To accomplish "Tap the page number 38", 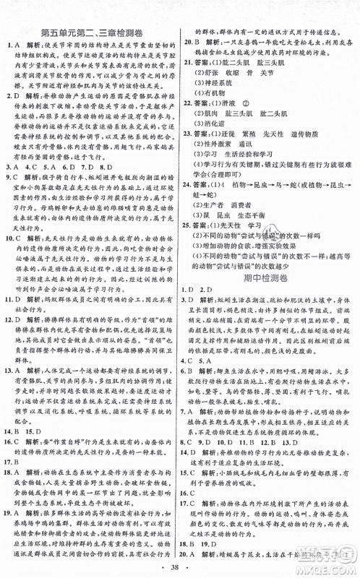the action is (179, 568).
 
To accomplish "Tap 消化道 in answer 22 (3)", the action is (217, 143).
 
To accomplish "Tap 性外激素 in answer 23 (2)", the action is (220, 164).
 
